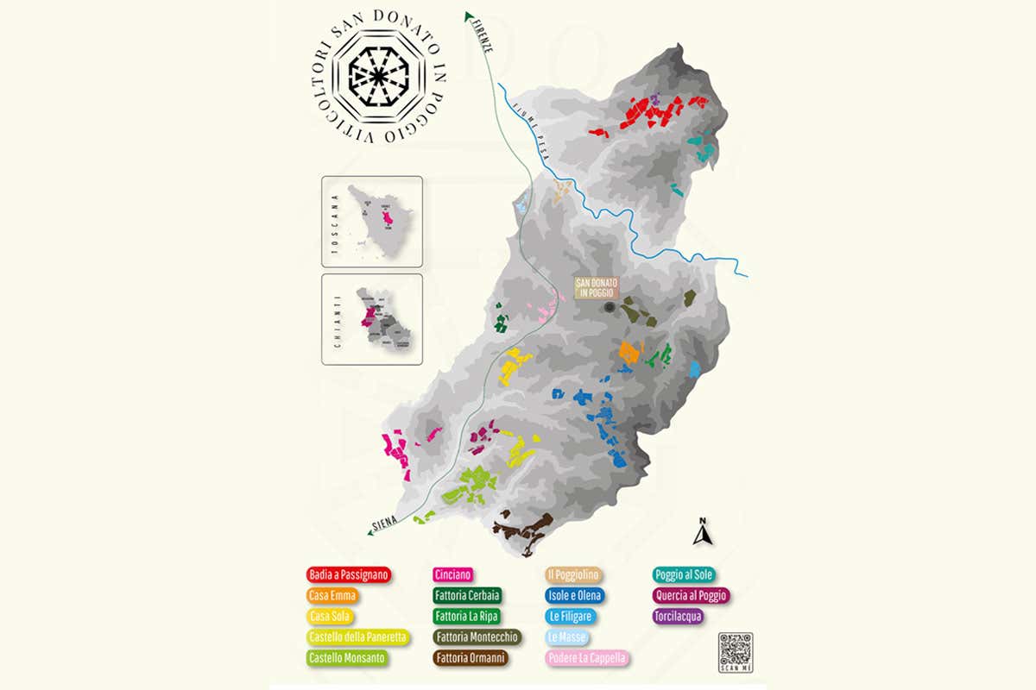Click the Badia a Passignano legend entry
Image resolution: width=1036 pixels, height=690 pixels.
tap(349, 574)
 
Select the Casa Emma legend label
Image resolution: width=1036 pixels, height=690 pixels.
tap(332, 595)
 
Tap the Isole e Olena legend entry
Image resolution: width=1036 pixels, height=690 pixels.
tap(574, 595)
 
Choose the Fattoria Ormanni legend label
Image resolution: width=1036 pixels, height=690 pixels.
tap(471, 658)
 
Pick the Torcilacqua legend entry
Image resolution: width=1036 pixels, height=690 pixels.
tap(679, 616)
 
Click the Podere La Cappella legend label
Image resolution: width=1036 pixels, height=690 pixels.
tap(586, 658)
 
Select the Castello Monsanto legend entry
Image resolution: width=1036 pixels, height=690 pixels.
tap(348, 658)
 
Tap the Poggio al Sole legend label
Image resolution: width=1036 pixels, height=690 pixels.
tap(685, 574)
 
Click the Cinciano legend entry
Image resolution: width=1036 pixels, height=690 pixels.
tap(453, 574)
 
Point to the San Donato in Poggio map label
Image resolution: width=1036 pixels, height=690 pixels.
tap(597, 288)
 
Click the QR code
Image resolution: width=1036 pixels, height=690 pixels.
tap(736, 649)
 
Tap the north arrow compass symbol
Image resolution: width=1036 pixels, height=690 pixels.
tap(702, 533)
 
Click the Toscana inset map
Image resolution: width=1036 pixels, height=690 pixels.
tap(371, 222)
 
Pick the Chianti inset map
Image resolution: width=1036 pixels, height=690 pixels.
tap(371, 319)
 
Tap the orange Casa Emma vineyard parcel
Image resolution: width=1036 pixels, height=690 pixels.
tap(630, 352)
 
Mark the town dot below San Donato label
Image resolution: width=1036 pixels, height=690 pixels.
tap(610, 307)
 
